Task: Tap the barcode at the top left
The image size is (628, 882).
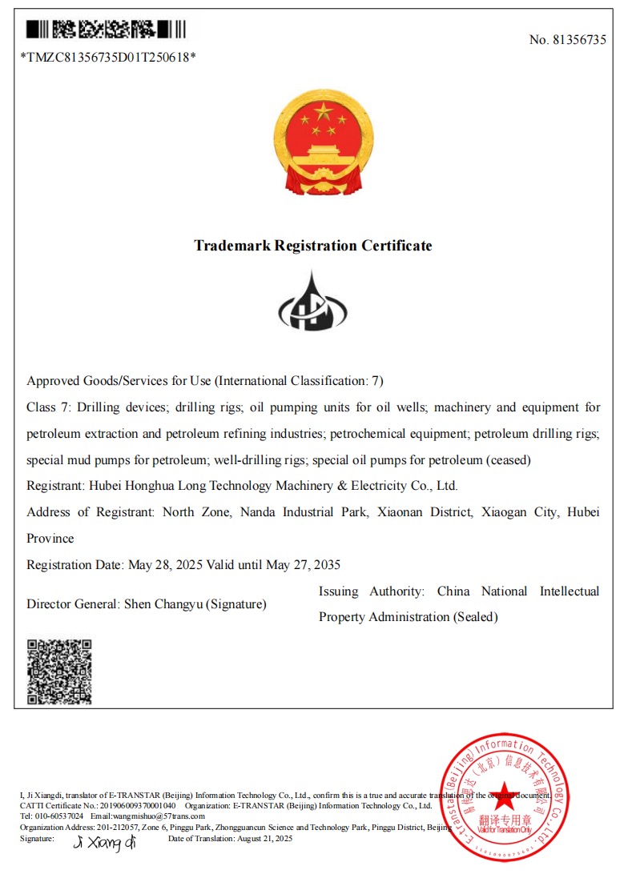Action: [x=106, y=30]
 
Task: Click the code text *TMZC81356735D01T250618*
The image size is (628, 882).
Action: [x=108, y=57]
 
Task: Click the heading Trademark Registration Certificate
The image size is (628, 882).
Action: [x=313, y=246]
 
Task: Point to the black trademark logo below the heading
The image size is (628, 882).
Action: [x=312, y=302]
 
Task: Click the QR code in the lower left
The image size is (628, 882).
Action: [x=59, y=672]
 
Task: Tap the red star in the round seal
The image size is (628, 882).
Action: [x=504, y=794]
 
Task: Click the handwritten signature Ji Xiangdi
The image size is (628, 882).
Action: [x=105, y=842]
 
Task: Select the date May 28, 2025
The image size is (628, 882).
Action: [x=165, y=565]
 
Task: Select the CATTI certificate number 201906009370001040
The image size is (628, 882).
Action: [x=137, y=805]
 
